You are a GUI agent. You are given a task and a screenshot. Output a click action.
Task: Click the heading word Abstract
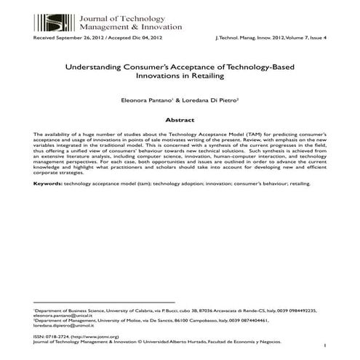point(180,118)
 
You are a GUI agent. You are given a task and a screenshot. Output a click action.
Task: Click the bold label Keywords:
point(48,184)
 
